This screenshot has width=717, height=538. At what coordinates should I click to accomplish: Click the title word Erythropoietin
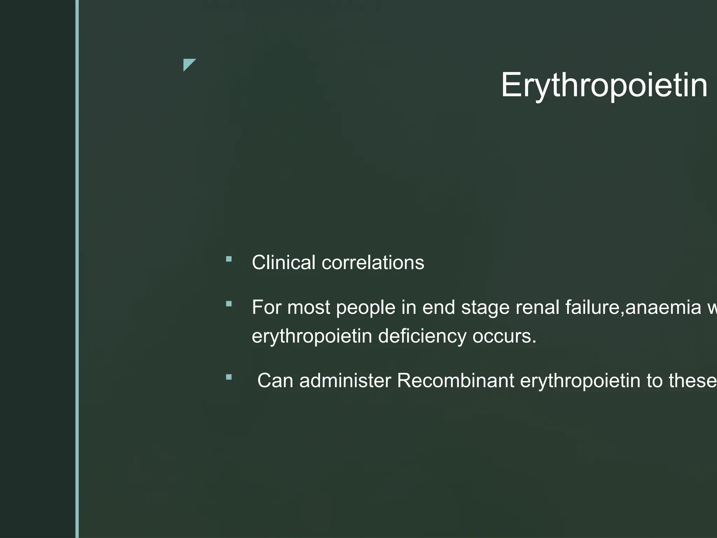[x=604, y=85]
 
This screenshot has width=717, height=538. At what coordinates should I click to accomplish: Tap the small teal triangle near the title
[x=188, y=64]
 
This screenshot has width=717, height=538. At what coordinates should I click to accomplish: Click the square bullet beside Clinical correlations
[x=229, y=259]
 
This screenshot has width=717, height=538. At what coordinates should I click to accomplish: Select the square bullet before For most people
[x=229, y=304]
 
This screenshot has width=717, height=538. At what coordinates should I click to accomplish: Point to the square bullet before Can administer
[x=229, y=377]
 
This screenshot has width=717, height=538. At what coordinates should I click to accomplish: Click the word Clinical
[x=283, y=262]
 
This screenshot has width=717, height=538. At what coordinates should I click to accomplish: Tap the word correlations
[x=373, y=262]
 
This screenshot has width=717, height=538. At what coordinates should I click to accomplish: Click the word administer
[x=345, y=380]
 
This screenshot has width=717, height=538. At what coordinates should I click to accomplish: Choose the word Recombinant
[x=455, y=380]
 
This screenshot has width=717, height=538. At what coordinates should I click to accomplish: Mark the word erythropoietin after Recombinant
[x=580, y=381]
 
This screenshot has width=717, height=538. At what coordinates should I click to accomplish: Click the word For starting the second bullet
[x=266, y=307]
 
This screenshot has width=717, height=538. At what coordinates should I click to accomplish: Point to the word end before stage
[x=439, y=307]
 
